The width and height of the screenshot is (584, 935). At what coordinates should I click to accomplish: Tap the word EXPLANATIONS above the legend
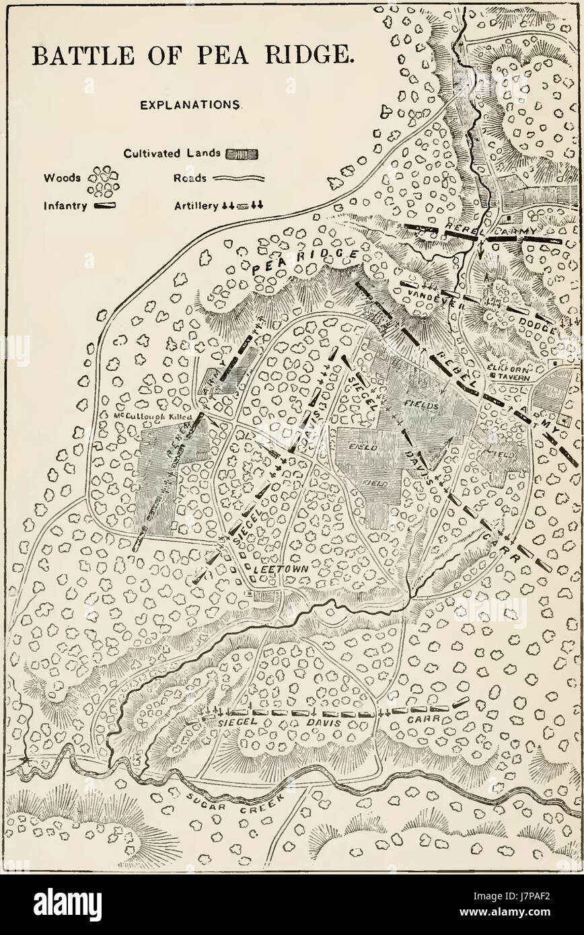[x=191, y=106]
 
